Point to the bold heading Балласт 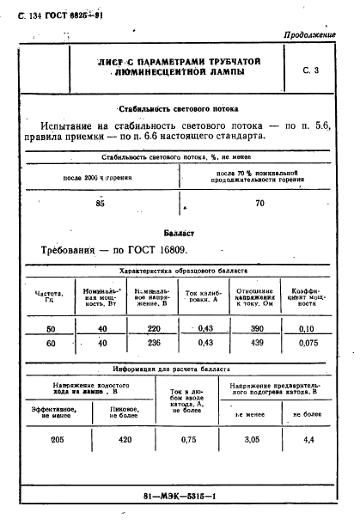180,232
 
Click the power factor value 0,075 306,344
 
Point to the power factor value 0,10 306,329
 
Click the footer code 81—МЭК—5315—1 179,497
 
